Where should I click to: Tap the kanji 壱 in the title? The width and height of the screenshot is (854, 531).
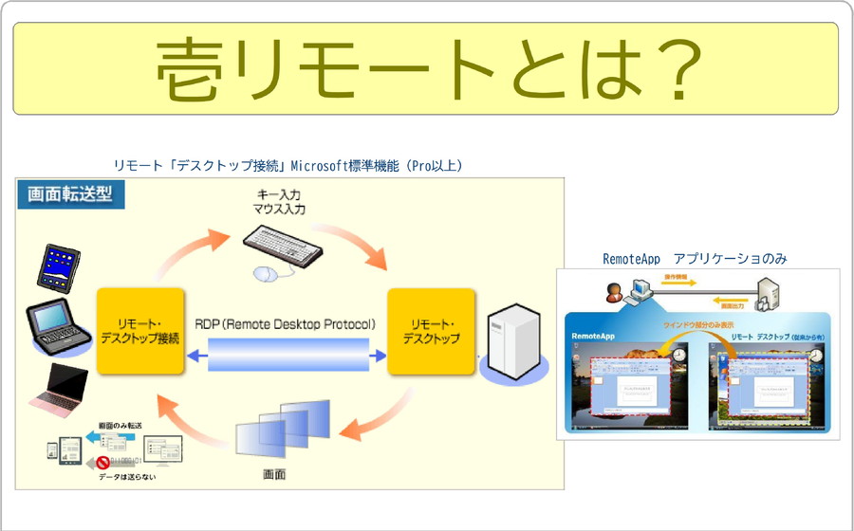[192, 70]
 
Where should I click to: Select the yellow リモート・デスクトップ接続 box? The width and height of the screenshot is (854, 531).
[139, 330]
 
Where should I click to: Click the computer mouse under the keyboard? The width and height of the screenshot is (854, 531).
[267, 274]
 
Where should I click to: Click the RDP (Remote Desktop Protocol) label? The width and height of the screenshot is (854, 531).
[288, 324]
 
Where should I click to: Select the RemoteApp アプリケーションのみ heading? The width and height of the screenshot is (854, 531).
[695, 258]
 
